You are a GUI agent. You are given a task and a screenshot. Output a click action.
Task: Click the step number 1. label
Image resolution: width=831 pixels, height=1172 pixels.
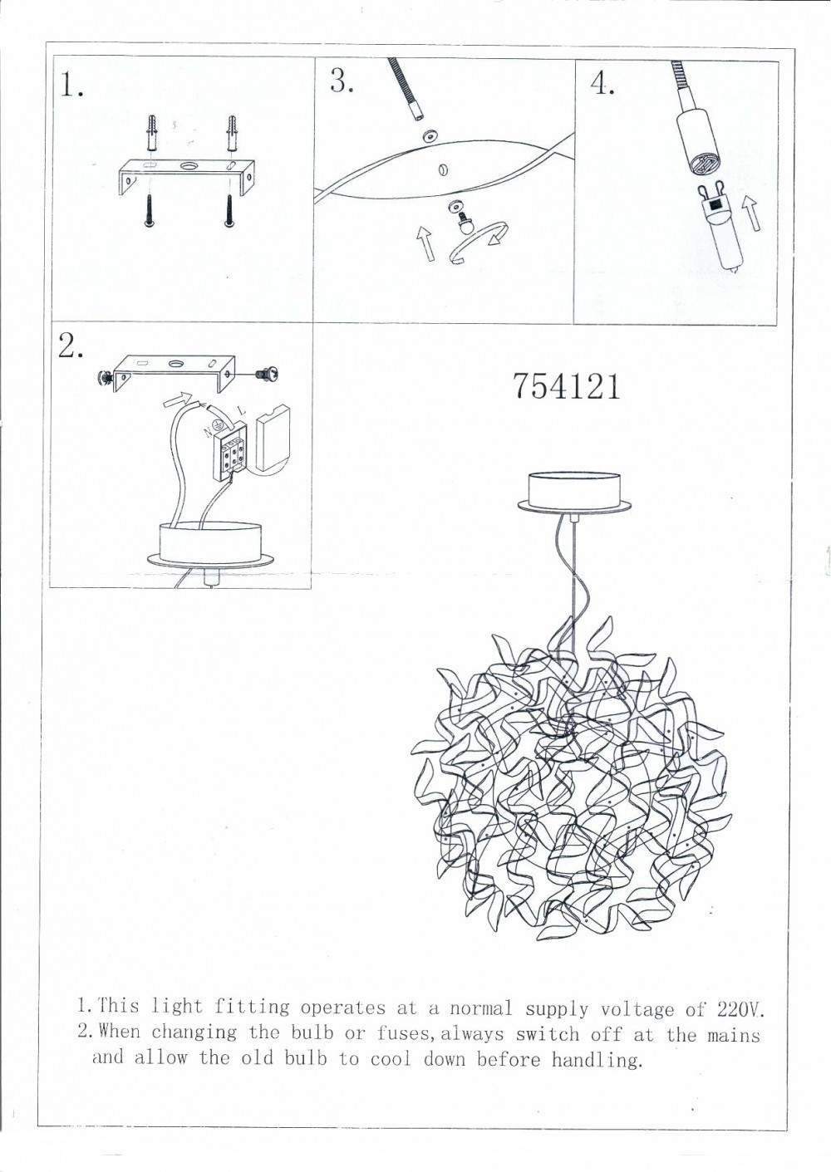71,86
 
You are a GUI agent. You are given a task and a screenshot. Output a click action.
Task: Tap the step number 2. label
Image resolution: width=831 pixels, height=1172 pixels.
71,347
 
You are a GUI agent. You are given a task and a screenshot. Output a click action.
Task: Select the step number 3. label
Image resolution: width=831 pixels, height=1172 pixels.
342,81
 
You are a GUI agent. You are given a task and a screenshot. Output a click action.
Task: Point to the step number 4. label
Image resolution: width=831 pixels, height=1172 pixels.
602,85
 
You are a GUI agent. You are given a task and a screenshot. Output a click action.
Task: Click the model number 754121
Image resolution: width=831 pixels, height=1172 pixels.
567,386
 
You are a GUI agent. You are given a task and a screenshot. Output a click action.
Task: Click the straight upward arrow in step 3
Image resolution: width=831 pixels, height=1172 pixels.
425,243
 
